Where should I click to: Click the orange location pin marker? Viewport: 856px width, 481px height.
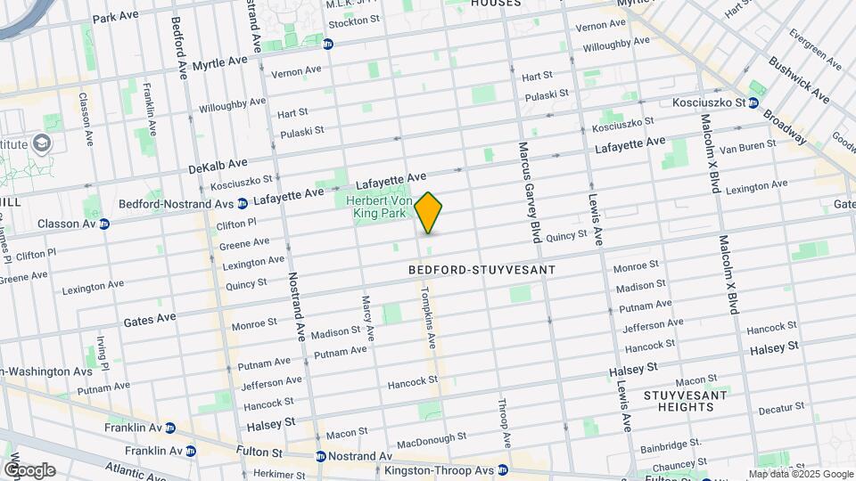click(x=428, y=213)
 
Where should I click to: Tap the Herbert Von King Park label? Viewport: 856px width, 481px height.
click(x=379, y=208)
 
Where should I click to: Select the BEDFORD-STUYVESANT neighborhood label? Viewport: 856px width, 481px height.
click(x=481, y=269)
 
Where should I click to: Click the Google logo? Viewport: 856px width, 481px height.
click(x=29, y=469)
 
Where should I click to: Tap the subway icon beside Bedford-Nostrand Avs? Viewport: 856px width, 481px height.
click(x=241, y=203)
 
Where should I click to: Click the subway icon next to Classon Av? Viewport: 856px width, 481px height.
click(x=103, y=224)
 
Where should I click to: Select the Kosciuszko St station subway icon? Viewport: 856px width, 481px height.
click(x=753, y=102)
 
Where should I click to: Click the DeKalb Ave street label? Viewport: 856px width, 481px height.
click(x=218, y=165)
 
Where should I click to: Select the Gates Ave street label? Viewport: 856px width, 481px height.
click(x=151, y=318)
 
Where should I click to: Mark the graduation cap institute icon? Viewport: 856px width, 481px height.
click(x=40, y=143)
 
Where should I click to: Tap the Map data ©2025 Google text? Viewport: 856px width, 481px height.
click(x=801, y=474)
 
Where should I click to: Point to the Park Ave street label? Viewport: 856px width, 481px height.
click(x=117, y=17)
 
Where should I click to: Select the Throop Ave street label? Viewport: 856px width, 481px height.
click(x=505, y=423)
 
